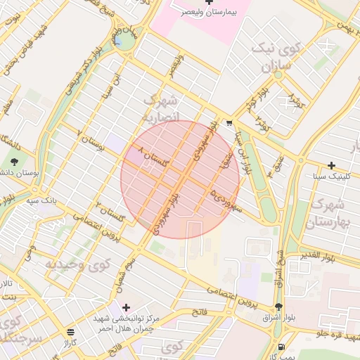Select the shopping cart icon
(230, 123)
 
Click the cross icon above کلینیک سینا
(331, 166)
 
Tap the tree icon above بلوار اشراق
(279, 307)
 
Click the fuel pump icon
(282, 347)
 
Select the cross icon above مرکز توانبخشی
(126, 307)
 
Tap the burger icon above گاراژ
(70, 332)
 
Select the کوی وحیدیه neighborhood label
(77, 264)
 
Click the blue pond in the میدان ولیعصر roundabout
(126, 43)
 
